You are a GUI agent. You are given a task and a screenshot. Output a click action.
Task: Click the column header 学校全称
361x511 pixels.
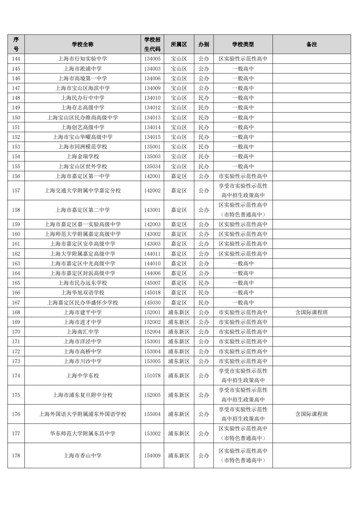tap(83, 44)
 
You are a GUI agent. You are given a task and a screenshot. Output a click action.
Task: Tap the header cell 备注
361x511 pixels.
tap(312, 44)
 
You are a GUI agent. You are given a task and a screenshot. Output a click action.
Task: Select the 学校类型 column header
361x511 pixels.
tap(243, 44)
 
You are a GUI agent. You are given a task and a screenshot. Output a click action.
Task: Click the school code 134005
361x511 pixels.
tap(152, 59)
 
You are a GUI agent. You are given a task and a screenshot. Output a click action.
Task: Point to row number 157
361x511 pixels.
tap(16, 190)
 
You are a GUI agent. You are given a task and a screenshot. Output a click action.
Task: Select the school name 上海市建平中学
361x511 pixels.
tap(83, 312)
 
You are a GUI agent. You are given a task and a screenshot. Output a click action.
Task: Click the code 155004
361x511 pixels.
tap(152, 414)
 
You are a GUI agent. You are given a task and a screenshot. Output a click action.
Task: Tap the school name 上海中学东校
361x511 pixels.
tap(83, 375)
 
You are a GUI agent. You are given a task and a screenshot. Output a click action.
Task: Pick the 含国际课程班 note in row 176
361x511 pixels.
tap(312, 414)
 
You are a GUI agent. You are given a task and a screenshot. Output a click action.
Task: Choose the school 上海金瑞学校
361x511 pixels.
tap(83, 156)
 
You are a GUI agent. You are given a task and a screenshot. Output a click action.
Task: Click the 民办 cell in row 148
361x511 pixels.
tap(204, 98)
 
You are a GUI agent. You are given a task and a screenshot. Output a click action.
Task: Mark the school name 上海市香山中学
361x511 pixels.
tap(83, 455)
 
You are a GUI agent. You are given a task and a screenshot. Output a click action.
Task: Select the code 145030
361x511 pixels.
tap(152, 303)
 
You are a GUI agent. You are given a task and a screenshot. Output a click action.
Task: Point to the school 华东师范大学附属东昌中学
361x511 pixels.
tap(83, 433)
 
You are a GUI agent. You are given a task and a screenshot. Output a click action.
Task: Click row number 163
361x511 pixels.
tap(16, 263)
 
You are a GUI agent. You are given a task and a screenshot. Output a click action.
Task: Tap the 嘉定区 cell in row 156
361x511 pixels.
tap(179, 176)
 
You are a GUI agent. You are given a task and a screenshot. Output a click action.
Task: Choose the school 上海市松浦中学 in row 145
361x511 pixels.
tap(83, 69)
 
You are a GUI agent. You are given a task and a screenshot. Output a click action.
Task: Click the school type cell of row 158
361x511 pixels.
tap(243, 210)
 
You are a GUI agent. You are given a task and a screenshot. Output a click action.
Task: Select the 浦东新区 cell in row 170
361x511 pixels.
tap(179, 332)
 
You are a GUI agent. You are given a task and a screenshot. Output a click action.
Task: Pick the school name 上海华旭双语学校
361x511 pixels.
tap(83, 292)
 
